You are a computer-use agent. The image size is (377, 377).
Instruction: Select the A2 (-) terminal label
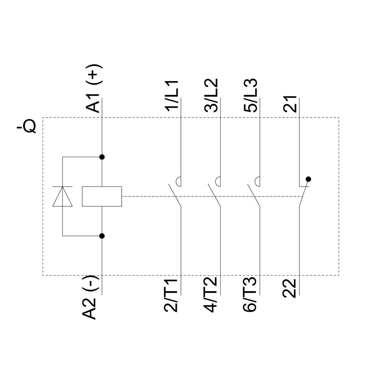click(90, 297)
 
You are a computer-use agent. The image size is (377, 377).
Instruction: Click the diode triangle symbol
click(63, 196)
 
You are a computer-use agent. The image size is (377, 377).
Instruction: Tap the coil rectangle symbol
click(102, 196)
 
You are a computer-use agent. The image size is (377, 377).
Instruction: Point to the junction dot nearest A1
click(102, 156)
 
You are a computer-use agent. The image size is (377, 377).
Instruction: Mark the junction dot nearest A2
click(102, 236)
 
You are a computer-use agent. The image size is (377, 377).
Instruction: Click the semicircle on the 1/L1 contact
click(179, 182)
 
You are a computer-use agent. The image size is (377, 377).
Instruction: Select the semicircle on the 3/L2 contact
click(218, 182)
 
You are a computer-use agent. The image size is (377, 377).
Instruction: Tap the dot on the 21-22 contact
click(308, 179)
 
